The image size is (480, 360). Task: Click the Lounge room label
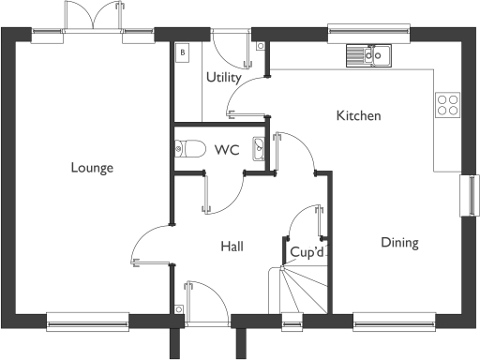(x=92, y=169)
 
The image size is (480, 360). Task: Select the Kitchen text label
(x=359, y=116)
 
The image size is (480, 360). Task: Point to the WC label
(x=226, y=149)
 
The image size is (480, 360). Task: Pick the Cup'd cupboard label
(x=307, y=252)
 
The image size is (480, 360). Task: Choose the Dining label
(x=399, y=243)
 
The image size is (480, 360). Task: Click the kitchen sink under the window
(x=371, y=55)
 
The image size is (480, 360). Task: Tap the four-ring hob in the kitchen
(x=447, y=104)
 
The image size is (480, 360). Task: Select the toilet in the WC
(x=190, y=148)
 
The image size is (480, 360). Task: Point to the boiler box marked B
(x=183, y=52)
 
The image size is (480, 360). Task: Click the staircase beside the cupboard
(x=300, y=291)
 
